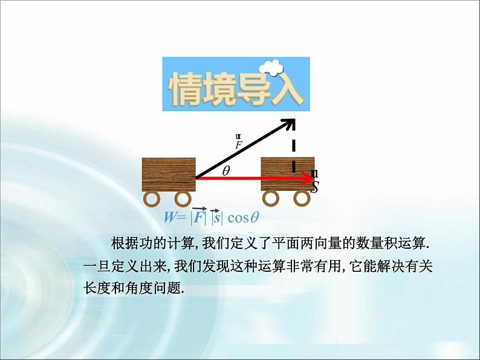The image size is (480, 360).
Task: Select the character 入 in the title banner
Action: tap(284, 91)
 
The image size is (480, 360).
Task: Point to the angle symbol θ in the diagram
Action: tap(226, 170)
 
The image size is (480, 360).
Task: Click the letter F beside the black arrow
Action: tap(239, 145)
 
